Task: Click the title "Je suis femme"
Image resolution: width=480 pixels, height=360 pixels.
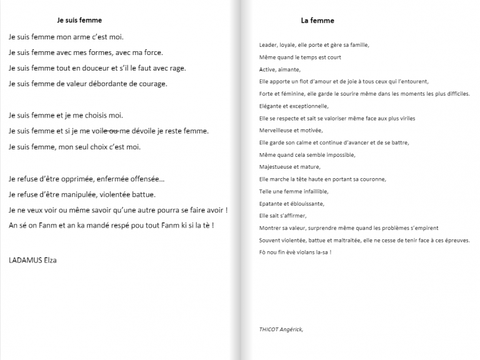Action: [x=79, y=21]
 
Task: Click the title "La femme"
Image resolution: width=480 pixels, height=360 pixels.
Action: [x=317, y=21]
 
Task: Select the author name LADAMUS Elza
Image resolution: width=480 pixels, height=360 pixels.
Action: [x=33, y=259]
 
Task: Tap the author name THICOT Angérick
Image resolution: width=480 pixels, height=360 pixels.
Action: [x=281, y=329]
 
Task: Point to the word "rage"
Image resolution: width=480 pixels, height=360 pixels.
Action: [x=177, y=68]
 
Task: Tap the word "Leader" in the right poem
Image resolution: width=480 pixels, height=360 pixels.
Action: [x=269, y=45]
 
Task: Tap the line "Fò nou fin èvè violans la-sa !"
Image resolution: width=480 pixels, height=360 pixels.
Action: [x=294, y=252]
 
